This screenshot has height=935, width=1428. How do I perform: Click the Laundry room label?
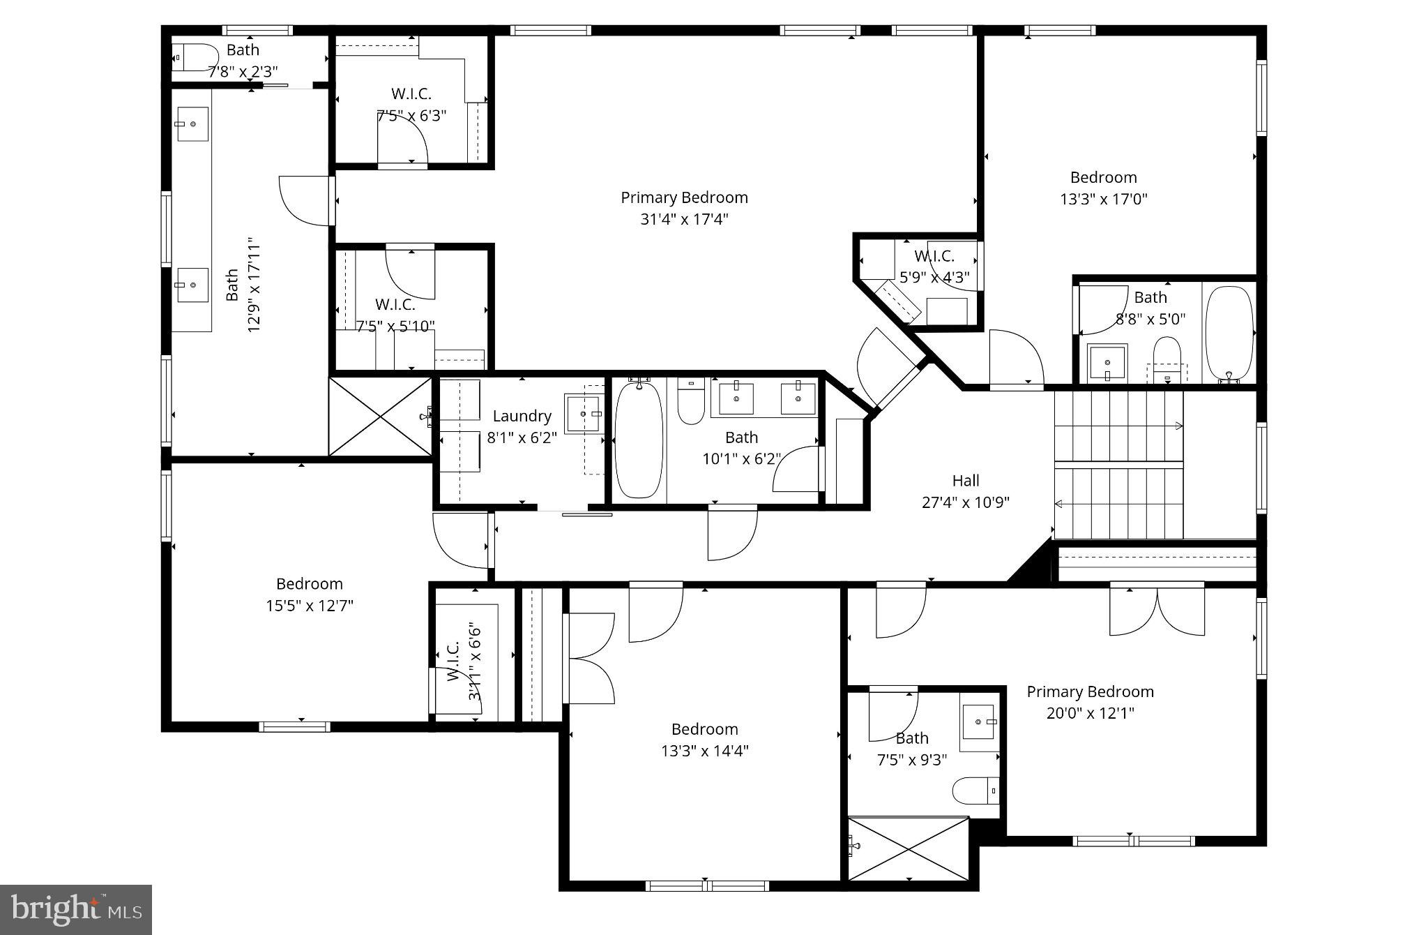click(522, 417)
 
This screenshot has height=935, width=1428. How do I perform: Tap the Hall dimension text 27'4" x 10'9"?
click(966, 502)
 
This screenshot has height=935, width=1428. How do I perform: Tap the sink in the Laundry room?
click(584, 414)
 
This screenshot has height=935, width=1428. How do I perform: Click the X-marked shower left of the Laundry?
click(380, 417)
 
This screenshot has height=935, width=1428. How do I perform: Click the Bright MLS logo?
click(75, 909)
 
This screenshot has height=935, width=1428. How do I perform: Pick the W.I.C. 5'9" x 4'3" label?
click(934, 267)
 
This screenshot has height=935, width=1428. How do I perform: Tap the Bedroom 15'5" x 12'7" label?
click(309, 594)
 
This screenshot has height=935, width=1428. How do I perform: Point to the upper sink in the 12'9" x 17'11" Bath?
click(192, 124)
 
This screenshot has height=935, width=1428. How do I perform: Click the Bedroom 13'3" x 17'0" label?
click(1103, 188)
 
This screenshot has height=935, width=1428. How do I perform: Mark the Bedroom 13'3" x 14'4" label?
click(704, 740)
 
